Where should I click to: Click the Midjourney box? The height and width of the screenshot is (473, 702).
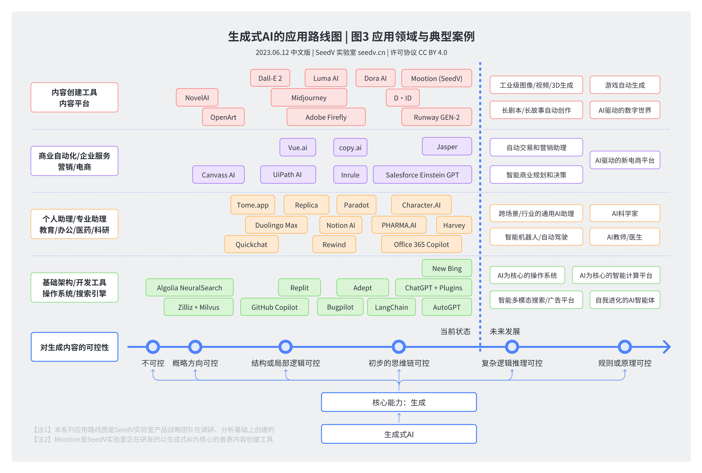click(309, 98)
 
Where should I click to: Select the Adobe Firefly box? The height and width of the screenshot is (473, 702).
click(326, 117)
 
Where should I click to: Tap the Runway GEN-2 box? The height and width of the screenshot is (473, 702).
click(436, 117)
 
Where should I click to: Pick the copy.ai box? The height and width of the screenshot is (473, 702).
click(350, 147)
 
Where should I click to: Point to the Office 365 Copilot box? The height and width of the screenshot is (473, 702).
click(421, 244)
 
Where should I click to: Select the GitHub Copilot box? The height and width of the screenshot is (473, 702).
click(274, 307)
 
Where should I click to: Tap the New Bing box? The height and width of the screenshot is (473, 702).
click(447, 268)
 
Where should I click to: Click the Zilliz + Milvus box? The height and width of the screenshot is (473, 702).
click(199, 307)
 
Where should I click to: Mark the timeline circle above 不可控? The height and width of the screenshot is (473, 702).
click(153, 347)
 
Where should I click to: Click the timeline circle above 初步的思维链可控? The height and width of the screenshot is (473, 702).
click(399, 347)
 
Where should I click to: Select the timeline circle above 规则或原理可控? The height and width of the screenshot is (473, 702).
click(625, 347)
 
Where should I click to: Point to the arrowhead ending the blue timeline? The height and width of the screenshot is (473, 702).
click(667, 347)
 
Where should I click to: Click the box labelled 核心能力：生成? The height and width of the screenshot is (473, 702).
click(399, 402)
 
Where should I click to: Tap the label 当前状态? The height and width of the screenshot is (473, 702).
click(455, 332)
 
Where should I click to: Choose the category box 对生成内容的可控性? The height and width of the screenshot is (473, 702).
click(74, 347)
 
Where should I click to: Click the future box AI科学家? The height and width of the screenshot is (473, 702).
click(625, 213)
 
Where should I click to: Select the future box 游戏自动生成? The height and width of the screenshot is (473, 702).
click(625, 85)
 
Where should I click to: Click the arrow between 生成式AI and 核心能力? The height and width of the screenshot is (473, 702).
click(399, 418)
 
